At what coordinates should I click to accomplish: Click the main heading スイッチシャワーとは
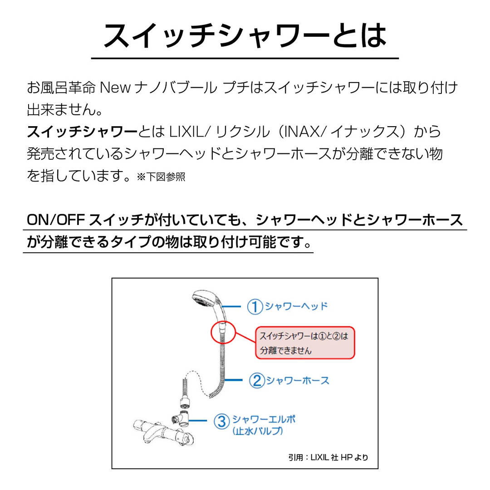[x=245, y=36]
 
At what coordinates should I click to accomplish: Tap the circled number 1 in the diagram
[x=255, y=307]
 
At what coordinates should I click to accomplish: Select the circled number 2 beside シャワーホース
[x=256, y=380]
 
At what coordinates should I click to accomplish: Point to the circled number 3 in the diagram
[x=221, y=422]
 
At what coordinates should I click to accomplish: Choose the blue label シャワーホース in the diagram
[x=297, y=380]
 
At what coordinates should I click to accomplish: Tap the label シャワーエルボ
[x=263, y=419]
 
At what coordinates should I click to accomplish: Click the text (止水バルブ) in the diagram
[x=258, y=431]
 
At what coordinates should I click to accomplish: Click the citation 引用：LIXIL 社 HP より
[x=328, y=457]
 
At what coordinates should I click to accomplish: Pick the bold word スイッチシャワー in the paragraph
[x=82, y=132]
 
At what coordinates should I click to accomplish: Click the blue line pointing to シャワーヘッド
[x=233, y=307]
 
